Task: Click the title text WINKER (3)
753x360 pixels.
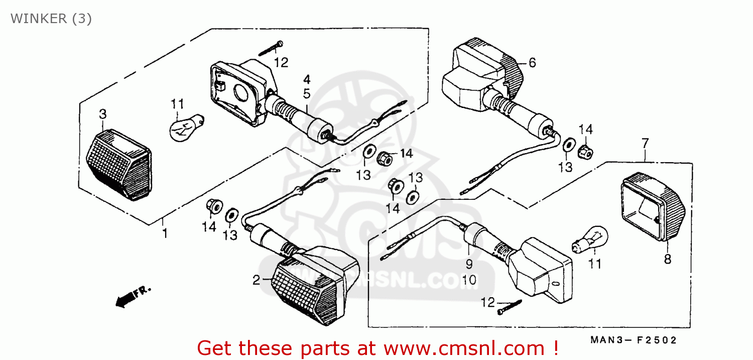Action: (x=51, y=19)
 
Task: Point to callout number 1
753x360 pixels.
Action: (x=165, y=233)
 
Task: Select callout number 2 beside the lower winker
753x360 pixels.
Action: (x=257, y=280)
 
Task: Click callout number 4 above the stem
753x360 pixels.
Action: (x=306, y=79)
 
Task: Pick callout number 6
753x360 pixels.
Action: (x=532, y=63)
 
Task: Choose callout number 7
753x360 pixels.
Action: (x=645, y=144)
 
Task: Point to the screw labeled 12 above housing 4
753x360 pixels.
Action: (x=271, y=49)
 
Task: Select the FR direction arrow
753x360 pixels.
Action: (x=133, y=296)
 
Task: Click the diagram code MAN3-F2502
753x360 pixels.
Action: (x=634, y=340)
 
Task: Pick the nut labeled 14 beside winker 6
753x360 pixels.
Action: (x=585, y=150)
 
